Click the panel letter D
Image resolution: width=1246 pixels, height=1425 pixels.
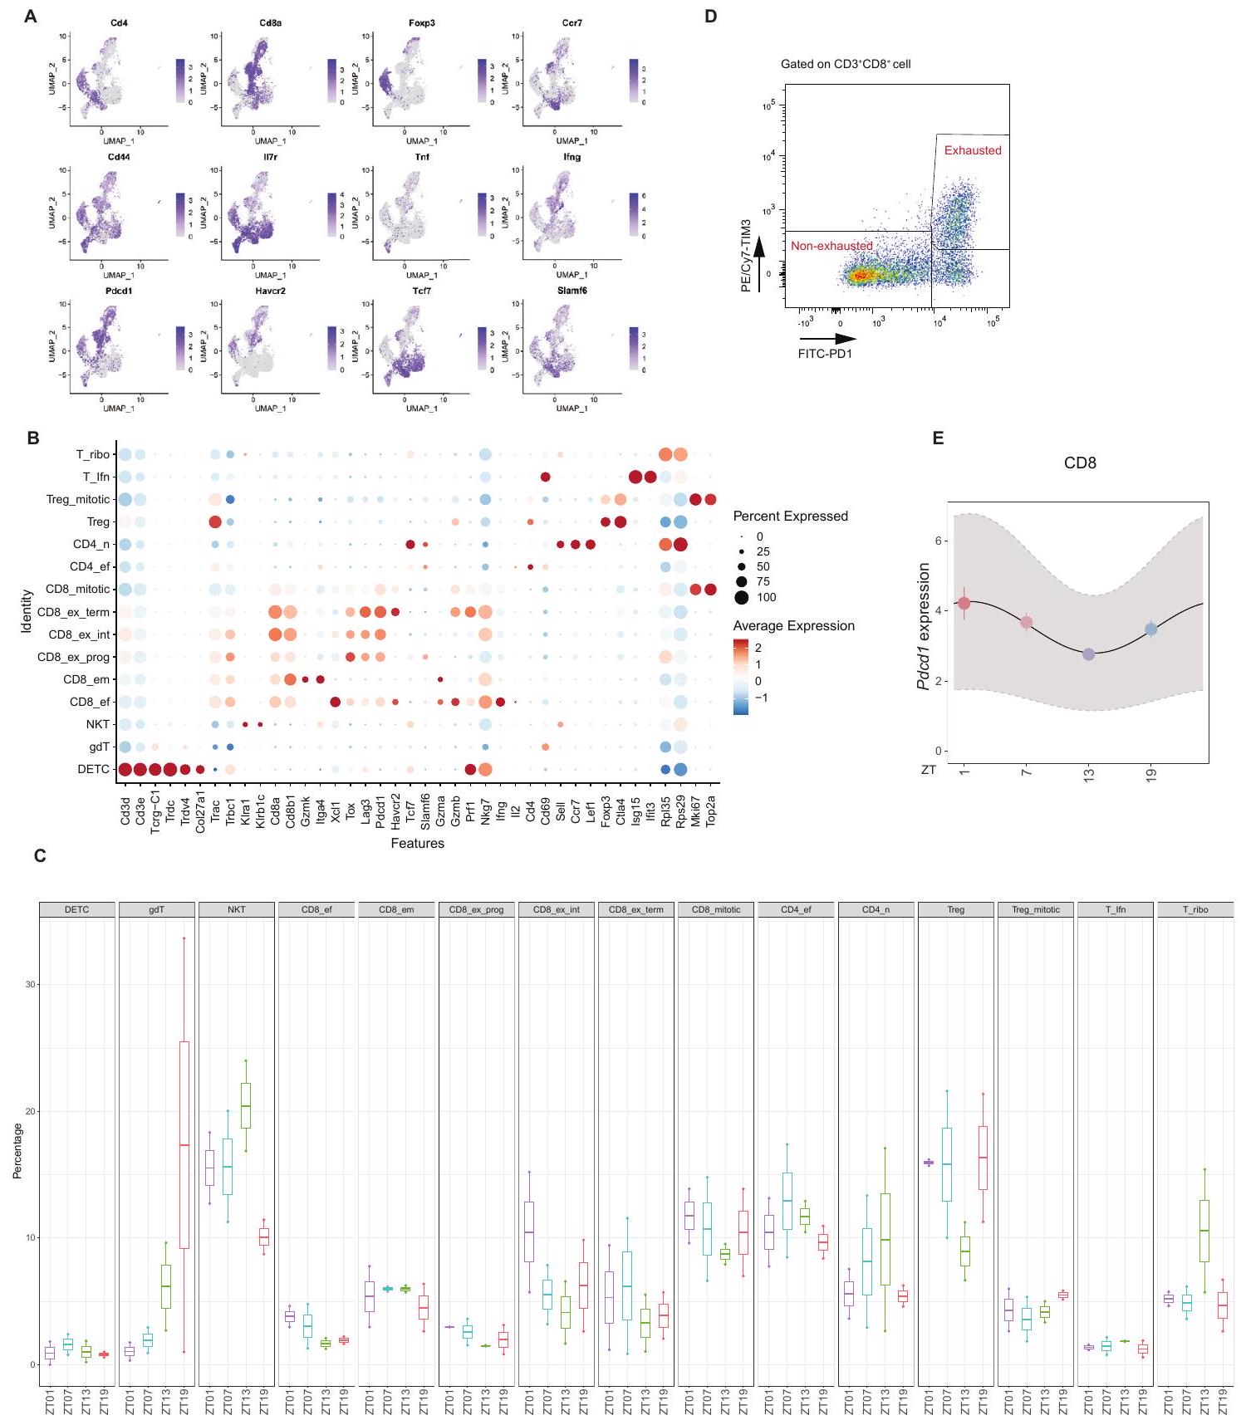pos(710,16)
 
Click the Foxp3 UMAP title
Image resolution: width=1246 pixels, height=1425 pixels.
pos(421,23)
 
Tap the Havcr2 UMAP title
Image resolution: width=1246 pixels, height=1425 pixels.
pos(270,291)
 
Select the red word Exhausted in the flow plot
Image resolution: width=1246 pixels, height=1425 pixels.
pos(973,150)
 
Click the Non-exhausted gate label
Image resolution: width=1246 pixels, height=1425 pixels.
pos(831,246)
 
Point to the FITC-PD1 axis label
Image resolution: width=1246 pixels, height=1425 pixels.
pos(825,354)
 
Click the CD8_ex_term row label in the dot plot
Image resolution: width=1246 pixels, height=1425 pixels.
pos(73,612)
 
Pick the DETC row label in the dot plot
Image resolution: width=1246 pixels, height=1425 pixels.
pos(93,769)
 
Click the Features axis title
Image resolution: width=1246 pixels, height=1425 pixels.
pos(417,843)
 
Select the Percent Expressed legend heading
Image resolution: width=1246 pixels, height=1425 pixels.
pos(790,516)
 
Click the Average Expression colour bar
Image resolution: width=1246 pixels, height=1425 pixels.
pos(741,676)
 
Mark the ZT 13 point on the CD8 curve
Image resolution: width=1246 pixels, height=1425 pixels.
pos(1089,654)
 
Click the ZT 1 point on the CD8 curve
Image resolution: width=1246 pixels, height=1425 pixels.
pos(964,603)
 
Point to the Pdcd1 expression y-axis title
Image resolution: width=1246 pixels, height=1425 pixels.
pos(923,626)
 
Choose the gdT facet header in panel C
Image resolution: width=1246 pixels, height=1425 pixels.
pos(156,909)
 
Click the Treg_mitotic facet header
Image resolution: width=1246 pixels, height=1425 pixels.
pos(1035,909)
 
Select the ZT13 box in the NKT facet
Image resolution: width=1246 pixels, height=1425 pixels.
pos(246,1105)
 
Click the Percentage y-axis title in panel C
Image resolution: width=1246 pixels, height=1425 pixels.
pos(17,1150)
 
